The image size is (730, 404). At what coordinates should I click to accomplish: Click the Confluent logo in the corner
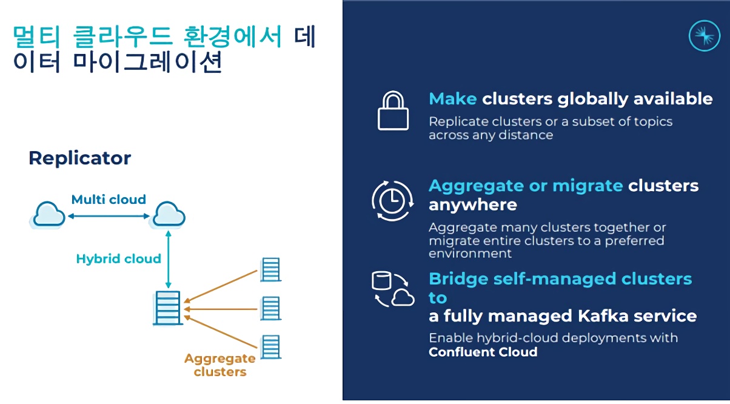[705, 36]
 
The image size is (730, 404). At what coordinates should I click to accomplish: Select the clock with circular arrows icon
[393, 201]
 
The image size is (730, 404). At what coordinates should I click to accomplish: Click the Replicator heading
[80, 158]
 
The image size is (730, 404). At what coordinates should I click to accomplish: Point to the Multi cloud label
[109, 199]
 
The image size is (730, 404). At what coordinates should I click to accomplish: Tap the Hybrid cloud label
[119, 258]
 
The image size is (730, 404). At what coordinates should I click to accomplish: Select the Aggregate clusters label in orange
[220, 365]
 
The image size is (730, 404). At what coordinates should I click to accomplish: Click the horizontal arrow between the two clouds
[109, 216]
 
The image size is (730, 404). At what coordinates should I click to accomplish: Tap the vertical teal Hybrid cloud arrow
[168, 259]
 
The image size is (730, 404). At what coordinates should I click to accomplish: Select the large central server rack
[168, 308]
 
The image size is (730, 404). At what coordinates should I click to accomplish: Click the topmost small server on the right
[270, 270]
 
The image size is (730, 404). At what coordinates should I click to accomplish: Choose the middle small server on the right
[270, 308]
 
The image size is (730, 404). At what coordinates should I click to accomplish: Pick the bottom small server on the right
[270, 347]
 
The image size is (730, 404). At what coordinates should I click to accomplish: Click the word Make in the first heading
[453, 98]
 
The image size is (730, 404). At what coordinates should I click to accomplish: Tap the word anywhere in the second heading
[473, 205]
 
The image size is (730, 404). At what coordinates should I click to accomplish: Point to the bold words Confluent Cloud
[483, 352]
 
